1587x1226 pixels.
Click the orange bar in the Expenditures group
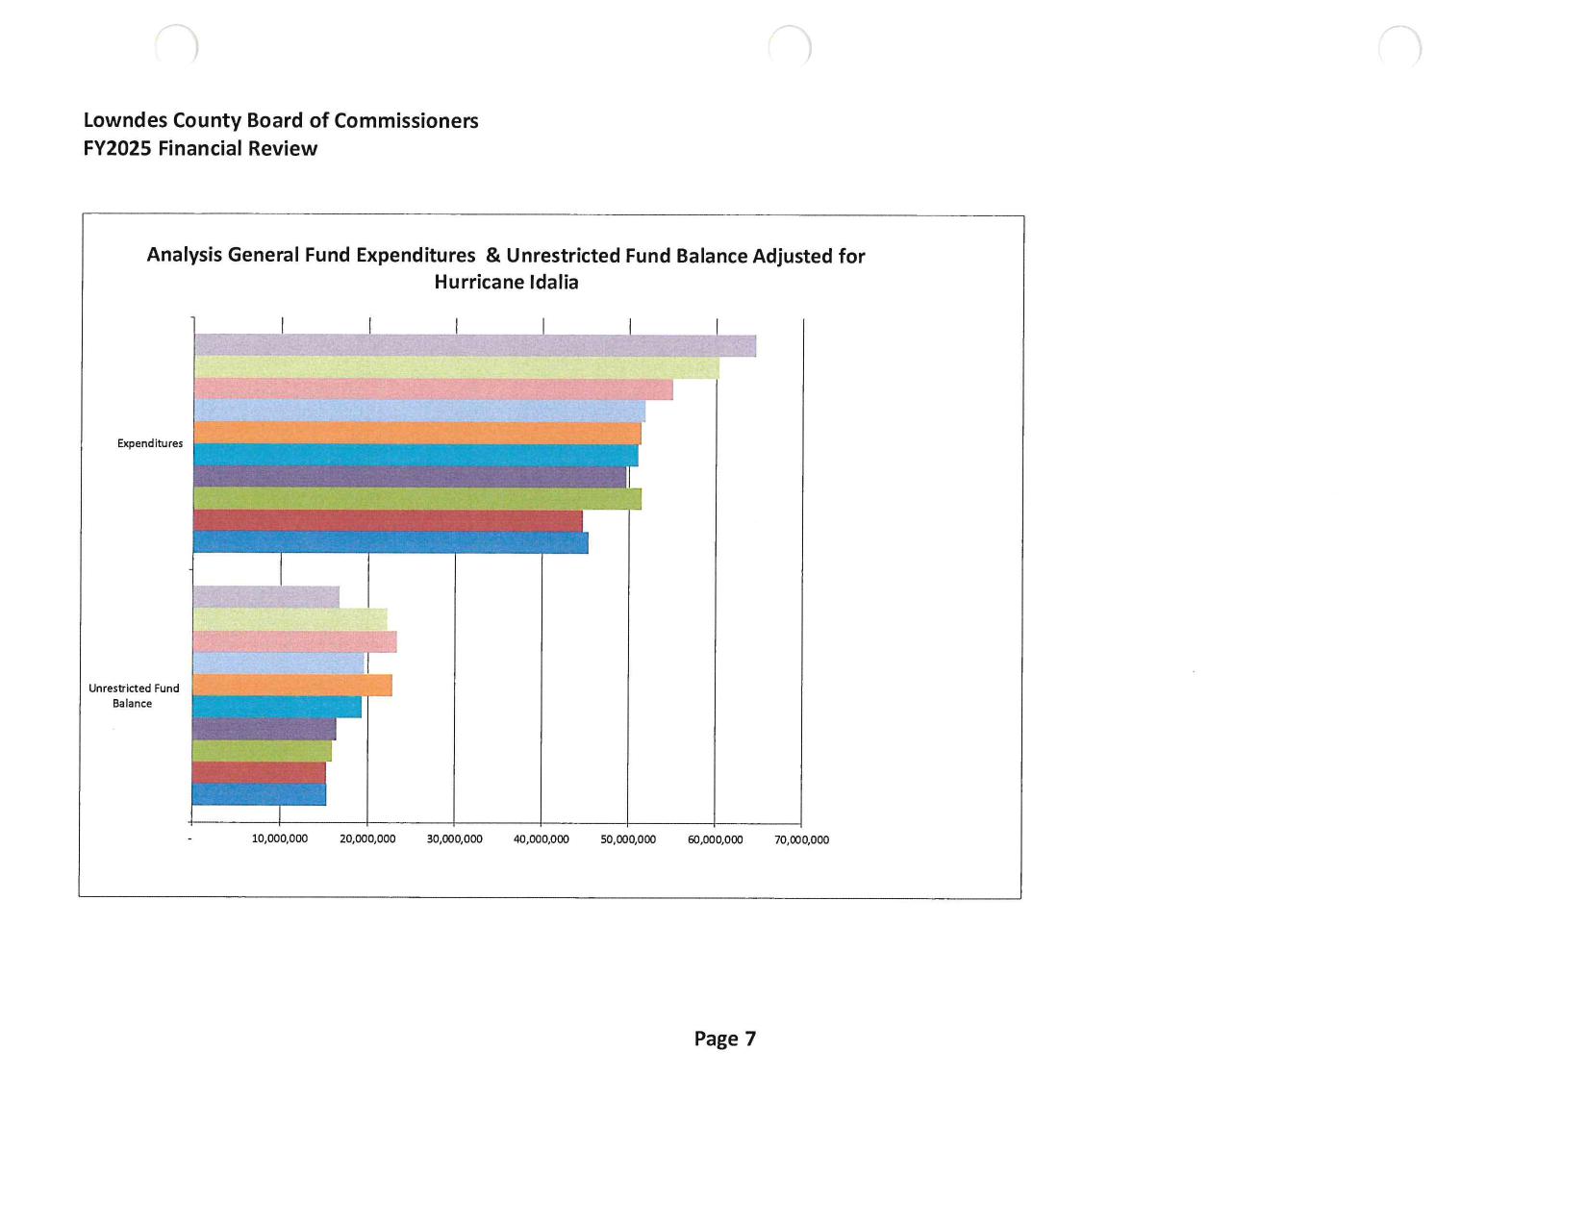pos(416,434)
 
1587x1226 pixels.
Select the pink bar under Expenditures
pos(433,389)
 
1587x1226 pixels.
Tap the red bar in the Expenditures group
pos(388,521)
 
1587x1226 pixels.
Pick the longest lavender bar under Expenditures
pos(474,345)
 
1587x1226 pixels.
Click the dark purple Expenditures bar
pos(410,477)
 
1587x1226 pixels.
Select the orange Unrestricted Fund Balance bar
pos(291,686)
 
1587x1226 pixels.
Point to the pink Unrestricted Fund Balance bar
pos(294,642)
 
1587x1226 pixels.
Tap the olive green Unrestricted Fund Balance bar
pos(262,751)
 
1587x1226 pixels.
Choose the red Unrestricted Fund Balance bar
pos(259,773)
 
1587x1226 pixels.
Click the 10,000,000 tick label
pos(280,839)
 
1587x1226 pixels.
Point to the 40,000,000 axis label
pos(542,839)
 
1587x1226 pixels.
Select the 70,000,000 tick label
pos(802,839)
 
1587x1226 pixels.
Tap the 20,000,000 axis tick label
pos(367,839)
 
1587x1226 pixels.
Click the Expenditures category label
pos(150,443)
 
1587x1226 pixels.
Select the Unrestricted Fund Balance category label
pos(134,696)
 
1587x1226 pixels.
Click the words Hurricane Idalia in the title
pos(506,283)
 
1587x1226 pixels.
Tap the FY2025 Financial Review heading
pos(200,149)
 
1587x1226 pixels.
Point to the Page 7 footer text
pos(725,1039)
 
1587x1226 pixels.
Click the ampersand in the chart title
pos(493,256)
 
